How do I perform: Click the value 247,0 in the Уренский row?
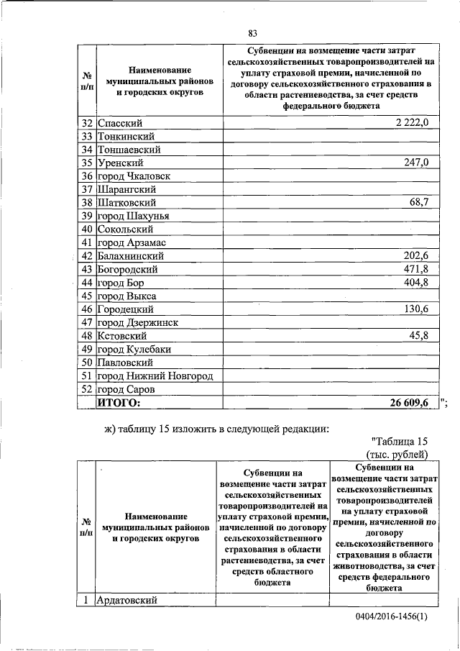coord(415,163)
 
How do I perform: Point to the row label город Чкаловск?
coord(133,176)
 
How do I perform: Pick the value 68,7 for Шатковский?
coord(418,203)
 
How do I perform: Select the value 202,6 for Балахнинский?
coord(415,256)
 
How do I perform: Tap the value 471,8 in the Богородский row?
coord(415,269)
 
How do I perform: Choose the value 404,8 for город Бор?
coord(415,282)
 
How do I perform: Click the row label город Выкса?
coord(126,296)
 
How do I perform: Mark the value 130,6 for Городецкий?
coord(415,309)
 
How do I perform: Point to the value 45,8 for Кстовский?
coord(418,335)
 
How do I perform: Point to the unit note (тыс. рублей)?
coord(397,455)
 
